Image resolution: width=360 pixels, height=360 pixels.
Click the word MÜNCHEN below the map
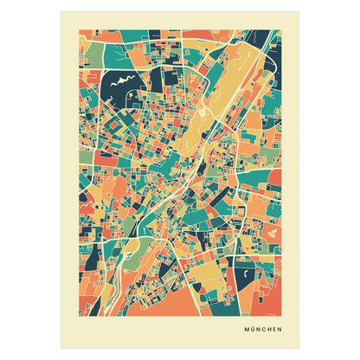pos(262,328)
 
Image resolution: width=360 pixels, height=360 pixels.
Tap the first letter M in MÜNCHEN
pos(245,328)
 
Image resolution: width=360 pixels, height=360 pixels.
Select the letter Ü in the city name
pos(251,328)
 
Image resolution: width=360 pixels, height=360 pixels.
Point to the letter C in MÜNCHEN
pos(263,328)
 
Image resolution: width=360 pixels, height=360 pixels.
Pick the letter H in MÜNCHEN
pos(268,328)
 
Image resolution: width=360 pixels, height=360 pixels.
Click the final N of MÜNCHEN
pos(280,328)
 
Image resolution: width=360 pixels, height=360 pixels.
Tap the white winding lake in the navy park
pos(120,83)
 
